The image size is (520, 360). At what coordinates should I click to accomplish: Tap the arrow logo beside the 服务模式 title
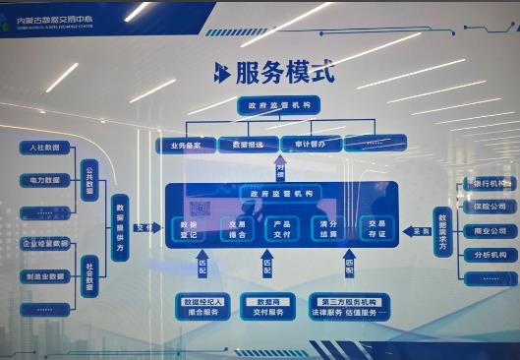pos(223,72)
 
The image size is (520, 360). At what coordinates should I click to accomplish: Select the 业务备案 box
pos(185,144)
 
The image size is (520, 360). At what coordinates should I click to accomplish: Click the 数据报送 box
pos(247,144)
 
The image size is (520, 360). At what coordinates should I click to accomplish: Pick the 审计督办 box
pos(309,144)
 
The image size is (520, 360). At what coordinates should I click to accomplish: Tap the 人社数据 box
pos(46,148)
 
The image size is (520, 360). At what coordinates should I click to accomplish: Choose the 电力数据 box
pos(46,180)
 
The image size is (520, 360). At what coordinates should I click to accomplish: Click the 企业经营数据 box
pos(46,243)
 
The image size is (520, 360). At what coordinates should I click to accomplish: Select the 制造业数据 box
pos(46,276)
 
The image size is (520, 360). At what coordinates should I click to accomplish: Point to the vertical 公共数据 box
pos(88,181)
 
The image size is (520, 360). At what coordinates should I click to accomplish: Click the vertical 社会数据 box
pos(88,275)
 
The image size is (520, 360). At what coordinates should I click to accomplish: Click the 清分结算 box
pos(327,228)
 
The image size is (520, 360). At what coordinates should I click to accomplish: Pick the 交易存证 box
pos(376,228)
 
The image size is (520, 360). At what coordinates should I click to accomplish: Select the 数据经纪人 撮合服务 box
pos(202,307)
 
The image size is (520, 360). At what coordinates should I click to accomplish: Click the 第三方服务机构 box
pos(350,307)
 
